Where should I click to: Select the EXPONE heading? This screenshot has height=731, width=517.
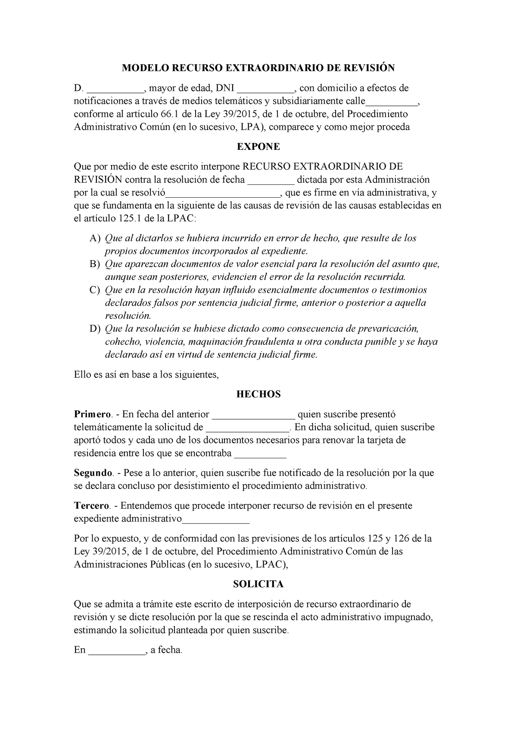point(258,147)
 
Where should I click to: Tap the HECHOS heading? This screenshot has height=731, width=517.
point(258,394)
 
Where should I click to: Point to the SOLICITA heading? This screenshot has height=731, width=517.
point(258,584)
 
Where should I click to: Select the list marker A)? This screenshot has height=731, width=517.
point(95,238)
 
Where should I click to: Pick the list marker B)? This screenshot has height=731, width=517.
point(95,264)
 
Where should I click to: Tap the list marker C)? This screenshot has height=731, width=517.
point(95,290)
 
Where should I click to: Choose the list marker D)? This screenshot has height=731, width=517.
point(95,329)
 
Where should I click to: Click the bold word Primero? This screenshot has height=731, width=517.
point(93,414)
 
